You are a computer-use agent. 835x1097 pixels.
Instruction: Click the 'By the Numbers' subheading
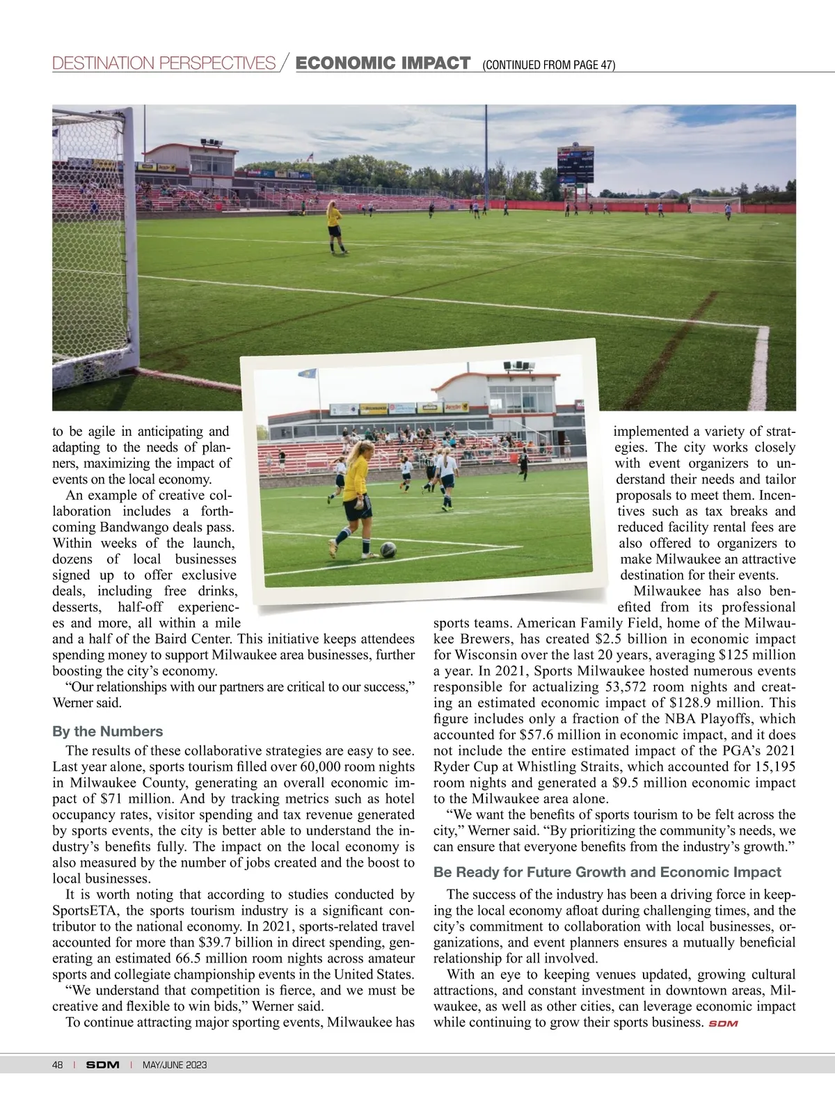tap(108, 732)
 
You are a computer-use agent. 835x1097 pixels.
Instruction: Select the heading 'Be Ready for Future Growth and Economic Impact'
tap(607, 872)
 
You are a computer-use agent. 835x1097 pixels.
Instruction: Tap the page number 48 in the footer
tap(58, 1066)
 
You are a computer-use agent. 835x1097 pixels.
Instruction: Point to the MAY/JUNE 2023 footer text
tap(175, 1066)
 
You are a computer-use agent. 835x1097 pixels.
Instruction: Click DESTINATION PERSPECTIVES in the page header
tap(164, 64)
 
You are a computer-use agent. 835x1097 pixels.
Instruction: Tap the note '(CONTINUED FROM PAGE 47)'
tap(548, 65)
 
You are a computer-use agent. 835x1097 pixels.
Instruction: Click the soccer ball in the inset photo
tap(389, 549)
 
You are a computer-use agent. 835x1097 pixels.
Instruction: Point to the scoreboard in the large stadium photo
tap(575, 164)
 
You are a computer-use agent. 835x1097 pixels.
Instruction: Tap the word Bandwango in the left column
tap(128, 528)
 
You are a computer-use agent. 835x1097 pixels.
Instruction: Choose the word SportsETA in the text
tap(82, 910)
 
